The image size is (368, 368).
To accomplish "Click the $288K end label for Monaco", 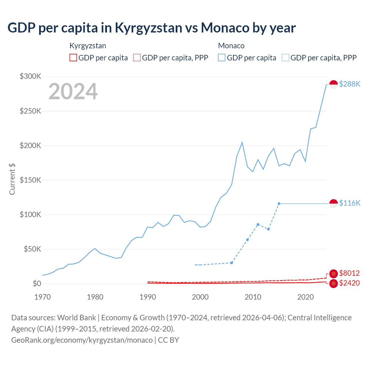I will [350, 84].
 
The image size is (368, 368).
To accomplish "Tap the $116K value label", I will [350, 203].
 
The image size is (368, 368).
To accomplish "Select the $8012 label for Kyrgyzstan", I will [349, 273].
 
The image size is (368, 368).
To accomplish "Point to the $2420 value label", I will [349, 283].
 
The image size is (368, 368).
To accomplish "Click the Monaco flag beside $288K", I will [333, 85].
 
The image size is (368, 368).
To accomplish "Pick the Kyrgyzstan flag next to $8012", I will [333, 274].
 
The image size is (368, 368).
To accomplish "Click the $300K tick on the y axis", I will [30, 76].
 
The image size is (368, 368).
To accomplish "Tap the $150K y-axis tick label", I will [30, 180].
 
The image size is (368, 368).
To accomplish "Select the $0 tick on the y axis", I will [37, 284].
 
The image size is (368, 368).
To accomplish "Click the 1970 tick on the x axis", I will [43, 297].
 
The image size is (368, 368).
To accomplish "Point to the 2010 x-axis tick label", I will [253, 297].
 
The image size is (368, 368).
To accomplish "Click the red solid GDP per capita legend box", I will [73, 57].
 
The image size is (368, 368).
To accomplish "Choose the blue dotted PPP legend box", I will [285, 57].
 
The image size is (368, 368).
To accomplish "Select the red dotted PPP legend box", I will [137, 57].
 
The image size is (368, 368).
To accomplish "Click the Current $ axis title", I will [12, 179].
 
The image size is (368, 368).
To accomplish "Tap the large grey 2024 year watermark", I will [73, 91].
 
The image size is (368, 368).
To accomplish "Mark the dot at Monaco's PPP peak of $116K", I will [279, 204].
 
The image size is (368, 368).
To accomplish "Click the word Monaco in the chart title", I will [225, 28].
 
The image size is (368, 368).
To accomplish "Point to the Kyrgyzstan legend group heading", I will [88, 46].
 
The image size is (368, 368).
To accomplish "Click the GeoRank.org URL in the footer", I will [82, 340].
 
